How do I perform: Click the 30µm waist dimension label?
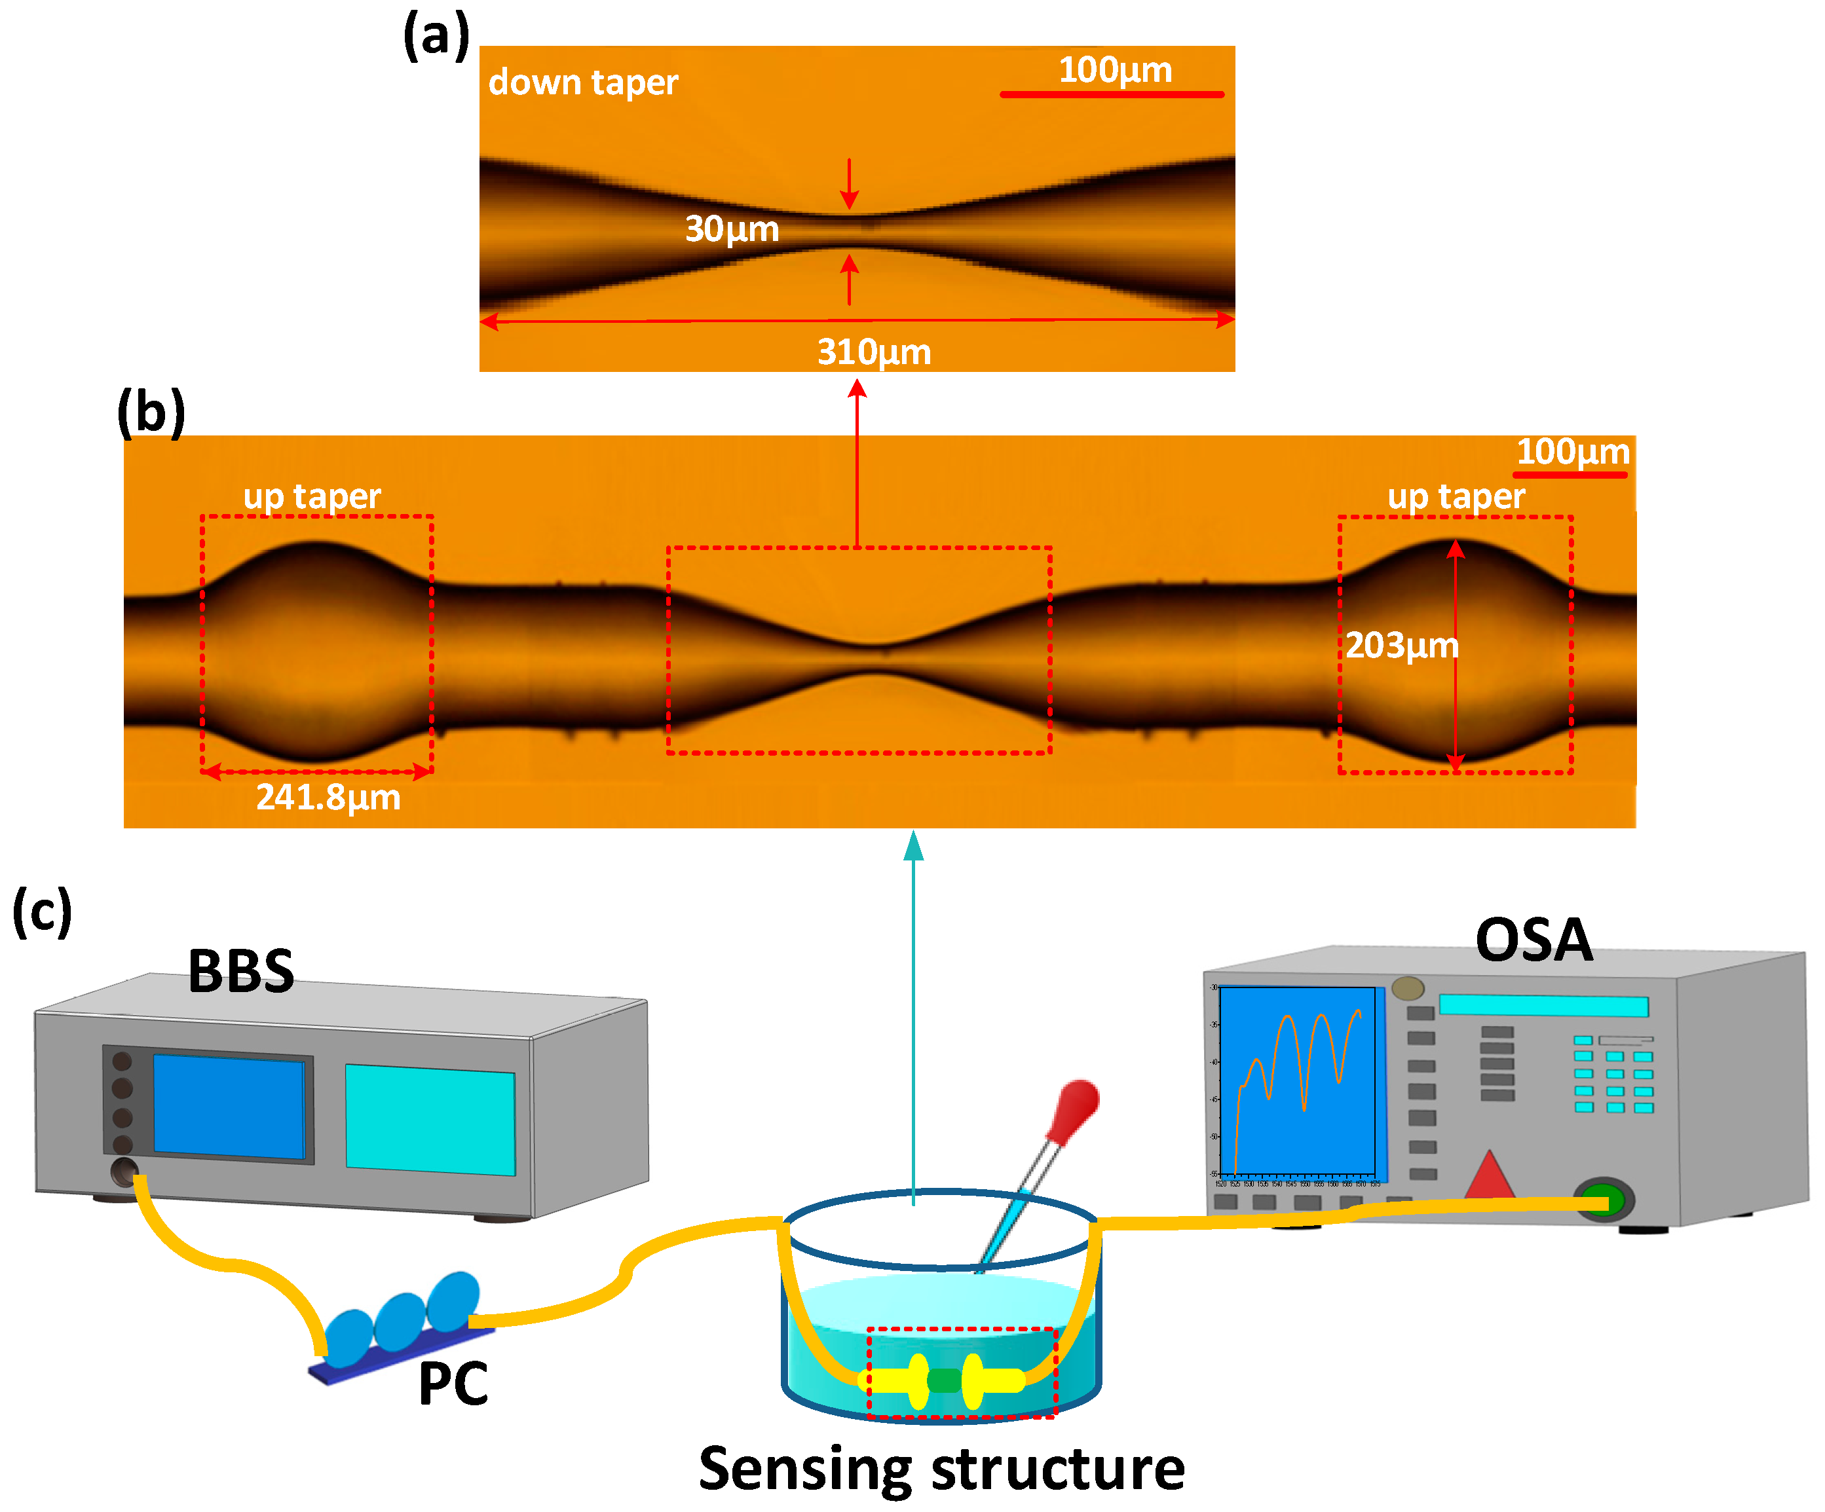click(x=732, y=229)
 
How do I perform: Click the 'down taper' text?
click(x=582, y=83)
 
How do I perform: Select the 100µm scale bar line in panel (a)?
click(x=1112, y=94)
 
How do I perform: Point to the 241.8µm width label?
click(x=328, y=798)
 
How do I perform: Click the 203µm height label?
click(x=1401, y=646)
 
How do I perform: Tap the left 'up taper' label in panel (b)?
click(x=312, y=496)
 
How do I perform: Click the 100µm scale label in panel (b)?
click(x=1572, y=452)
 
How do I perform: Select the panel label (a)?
click(x=436, y=37)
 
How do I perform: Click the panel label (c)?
click(x=42, y=912)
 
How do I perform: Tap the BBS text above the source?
click(x=240, y=972)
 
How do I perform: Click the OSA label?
click(x=1534, y=940)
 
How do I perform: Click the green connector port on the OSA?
click(x=1604, y=1201)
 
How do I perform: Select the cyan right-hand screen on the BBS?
click(x=430, y=1119)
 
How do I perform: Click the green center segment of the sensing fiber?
click(x=945, y=1379)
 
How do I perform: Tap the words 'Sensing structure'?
click(x=941, y=1469)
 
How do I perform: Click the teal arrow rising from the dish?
click(x=912, y=1017)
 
